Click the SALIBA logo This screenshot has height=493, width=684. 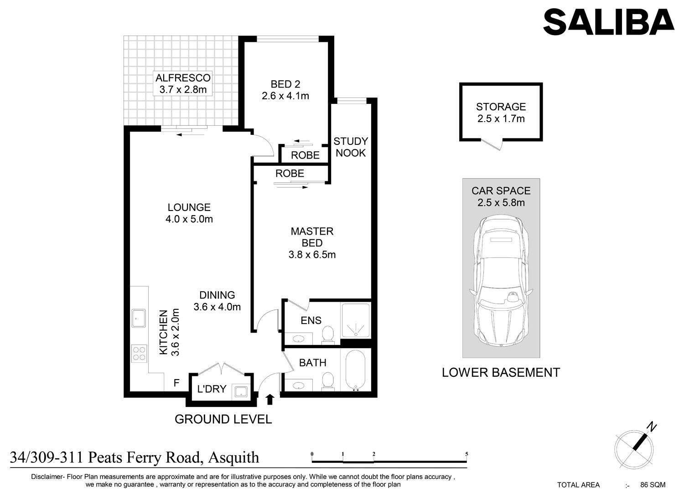click(x=609, y=22)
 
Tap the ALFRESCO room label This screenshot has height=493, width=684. click(x=183, y=78)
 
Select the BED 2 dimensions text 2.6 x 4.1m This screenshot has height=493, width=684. click(x=285, y=96)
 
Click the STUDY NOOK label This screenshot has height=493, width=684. click(x=351, y=147)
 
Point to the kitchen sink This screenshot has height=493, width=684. click(x=138, y=318)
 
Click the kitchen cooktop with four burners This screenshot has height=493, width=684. click(x=139, y=354)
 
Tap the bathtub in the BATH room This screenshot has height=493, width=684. click(x=355, y=370)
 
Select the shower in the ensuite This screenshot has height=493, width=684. click(x=356, y=321)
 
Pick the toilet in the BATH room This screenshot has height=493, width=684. click(x=328, y=381)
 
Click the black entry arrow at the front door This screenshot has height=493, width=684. click(x=269, y=399)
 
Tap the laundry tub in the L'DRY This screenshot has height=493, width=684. click(x=241, y=391)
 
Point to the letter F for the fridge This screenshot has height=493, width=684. click(x=176, y=383)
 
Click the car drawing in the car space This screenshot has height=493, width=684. click(x=501, y=281)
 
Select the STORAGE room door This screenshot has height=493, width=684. click(x=492, y=144)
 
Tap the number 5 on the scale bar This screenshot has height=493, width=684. click(x=466, y=454)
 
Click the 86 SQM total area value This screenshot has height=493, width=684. click(x=653, y=485)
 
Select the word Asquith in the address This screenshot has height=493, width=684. click(x=233, y=458)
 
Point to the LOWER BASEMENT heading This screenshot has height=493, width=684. click(x=501, y=373)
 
